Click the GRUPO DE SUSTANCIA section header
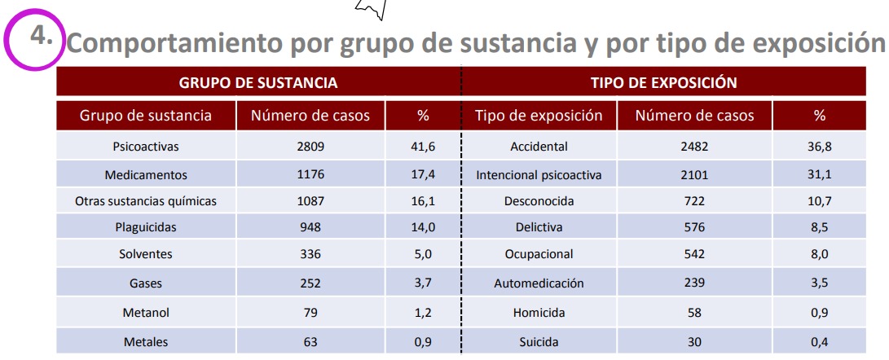(x=258, y=82)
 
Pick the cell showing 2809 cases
(x=310, y=147)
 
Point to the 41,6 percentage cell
(x=423, y=147)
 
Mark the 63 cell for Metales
(x=310, y=341)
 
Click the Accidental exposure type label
(x=539, y=147)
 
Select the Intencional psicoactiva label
(x=539, y=175)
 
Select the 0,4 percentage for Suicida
(x=819, y=341)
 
